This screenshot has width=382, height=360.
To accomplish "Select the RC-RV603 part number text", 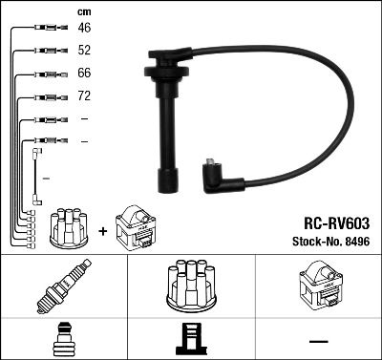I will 331,221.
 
